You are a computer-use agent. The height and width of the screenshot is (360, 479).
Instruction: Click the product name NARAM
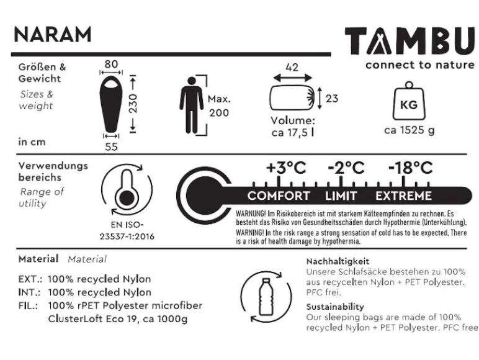(53, 34)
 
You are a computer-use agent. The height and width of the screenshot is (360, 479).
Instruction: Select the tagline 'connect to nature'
(420, 65)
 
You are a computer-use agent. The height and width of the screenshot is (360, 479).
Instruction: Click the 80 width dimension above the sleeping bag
(111, 64)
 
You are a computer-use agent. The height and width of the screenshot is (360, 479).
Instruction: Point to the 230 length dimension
(133, 104)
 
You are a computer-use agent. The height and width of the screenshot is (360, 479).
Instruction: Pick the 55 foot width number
(111, 146)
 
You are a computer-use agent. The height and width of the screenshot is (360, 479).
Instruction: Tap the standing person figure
(191, 105)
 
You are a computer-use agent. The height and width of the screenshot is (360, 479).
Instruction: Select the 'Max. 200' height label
(219, 106)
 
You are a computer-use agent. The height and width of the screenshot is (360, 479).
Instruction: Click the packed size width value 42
(292, 67)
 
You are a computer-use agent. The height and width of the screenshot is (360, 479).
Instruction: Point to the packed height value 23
(332, 99)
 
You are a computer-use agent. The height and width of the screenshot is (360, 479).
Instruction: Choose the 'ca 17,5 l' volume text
(292, 133)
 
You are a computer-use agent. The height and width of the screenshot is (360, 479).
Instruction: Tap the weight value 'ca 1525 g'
(410, 130)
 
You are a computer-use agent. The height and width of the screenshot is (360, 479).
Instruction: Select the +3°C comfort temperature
(286, 168)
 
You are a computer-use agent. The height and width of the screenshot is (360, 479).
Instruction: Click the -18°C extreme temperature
(411, 168)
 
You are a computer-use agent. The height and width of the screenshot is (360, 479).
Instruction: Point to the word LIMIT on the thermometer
(341, 196)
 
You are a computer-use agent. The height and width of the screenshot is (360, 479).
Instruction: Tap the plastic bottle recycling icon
(266, 297)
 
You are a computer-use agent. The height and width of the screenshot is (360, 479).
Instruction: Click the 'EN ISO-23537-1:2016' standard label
(127, 231)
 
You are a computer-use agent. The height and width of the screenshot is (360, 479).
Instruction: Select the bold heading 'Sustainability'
(335, 307)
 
